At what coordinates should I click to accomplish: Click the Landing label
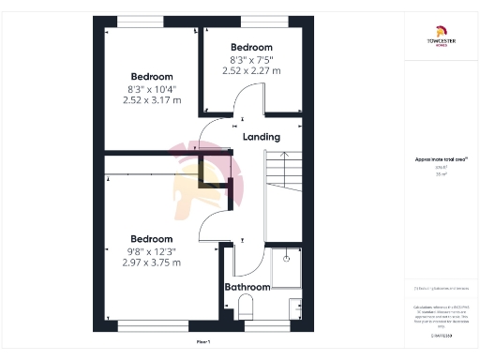[262, 137]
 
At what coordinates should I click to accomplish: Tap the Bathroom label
[247, 287]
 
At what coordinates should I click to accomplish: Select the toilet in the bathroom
[247, 306]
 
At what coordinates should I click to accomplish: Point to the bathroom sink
[295, 308]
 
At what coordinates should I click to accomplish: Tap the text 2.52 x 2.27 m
[251, 70]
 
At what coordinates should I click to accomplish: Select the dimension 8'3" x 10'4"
[151, 89]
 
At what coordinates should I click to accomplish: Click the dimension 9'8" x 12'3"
[151, 251]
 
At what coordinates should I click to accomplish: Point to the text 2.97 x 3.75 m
[151, 262]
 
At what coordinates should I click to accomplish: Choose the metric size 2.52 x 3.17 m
[151, 100]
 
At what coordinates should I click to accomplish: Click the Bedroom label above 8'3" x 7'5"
[251, 47]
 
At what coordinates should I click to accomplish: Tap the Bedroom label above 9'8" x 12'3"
[151, 238]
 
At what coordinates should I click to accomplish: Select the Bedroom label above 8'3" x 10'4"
[151, 76]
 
